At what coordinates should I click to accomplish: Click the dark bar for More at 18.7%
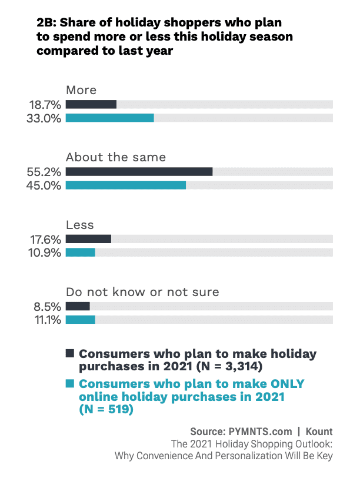[x=91, y=104]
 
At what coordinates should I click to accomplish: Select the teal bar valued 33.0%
[x=110, y=118]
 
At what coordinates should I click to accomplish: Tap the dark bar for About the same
[x=139, y=171]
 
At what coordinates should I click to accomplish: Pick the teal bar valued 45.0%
[x=126, y=185]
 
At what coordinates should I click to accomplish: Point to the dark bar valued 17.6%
[x=88, y=239]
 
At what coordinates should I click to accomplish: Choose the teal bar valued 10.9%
[x=81, y=252]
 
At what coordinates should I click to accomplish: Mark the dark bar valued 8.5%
[x=78, y=306]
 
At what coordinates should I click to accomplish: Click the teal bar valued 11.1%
[x=81, y=320]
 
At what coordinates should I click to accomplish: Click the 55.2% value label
[x=45, y=172]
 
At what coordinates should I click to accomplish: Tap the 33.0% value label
[x=45, y=118]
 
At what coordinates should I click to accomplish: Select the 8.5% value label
[x=48, y=307]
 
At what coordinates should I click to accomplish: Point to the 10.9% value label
[x=45, y=253]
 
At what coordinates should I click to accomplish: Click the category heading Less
[x=80, y=225]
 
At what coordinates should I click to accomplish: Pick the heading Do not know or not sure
[x=142, y=292]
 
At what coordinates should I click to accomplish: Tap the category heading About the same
[x=116, y=157]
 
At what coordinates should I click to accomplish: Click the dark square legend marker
[x=70, y=353]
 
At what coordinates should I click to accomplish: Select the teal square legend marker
[x=70, y=384]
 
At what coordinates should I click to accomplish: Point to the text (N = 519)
[x=106, y=410]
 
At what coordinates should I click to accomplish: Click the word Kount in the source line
[x=319, y=431]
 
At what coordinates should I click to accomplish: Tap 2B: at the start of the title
[x=46, y=24]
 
